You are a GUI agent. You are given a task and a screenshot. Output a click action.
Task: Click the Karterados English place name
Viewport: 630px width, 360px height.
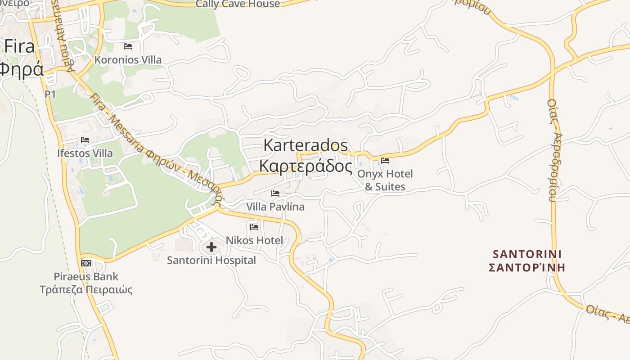(x=306, y=145)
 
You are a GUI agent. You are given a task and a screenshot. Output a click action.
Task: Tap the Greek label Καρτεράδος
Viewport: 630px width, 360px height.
(x=306, y=166)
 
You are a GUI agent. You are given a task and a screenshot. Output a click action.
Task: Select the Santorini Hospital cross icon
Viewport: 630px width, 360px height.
(x=211, y=247)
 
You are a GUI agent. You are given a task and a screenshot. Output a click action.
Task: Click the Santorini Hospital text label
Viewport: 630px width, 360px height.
(x=211, y=260)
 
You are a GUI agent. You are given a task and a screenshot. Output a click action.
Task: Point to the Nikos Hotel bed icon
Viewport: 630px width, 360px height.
(x=254, y=227)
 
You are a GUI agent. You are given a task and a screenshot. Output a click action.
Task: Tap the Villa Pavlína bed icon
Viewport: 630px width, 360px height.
(x=275, y=193)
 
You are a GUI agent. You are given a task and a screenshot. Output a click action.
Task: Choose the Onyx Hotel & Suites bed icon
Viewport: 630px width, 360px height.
(x=385, y=160)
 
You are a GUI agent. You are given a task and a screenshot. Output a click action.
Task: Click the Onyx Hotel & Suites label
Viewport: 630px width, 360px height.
(x=385, y=180)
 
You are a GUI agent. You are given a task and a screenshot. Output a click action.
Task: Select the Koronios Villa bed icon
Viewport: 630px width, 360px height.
(x=128, y=46)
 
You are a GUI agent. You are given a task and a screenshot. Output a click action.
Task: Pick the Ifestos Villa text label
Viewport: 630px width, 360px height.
(x=85, y=153)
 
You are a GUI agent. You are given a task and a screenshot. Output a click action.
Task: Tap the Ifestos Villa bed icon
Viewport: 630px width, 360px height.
(x=85, y=140)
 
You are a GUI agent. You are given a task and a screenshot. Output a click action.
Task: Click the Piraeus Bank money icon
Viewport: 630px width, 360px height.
(x=86, y=263)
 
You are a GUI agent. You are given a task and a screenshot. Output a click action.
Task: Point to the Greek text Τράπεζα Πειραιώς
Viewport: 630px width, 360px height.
(x=86, y=289)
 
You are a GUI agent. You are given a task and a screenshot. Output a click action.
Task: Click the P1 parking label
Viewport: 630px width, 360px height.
(x=50, y=94)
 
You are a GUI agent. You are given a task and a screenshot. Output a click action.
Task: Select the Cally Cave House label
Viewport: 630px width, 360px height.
(x=238, y=4)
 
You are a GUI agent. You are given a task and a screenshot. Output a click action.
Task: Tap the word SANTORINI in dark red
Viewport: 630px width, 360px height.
(x=527, y=254)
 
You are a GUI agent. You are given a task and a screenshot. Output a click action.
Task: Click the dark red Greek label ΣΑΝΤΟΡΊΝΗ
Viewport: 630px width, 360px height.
(x=527, y=268)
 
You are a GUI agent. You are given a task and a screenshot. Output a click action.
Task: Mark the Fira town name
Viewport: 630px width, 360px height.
(x=20, y=46)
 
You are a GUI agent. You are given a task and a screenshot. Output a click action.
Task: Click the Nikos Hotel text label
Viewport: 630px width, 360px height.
(x=254, y=240)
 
